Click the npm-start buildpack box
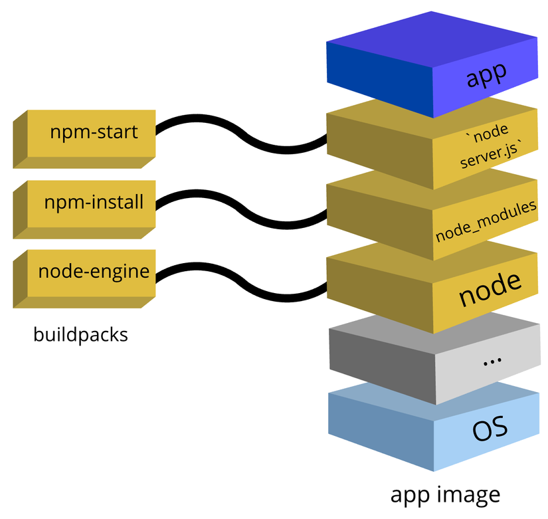pos(93,133)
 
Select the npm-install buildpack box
pos(93,203)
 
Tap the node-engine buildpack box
pos(93,272)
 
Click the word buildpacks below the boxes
pos(80,334)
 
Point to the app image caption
pos(444,494)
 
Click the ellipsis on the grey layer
pos(491,361)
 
